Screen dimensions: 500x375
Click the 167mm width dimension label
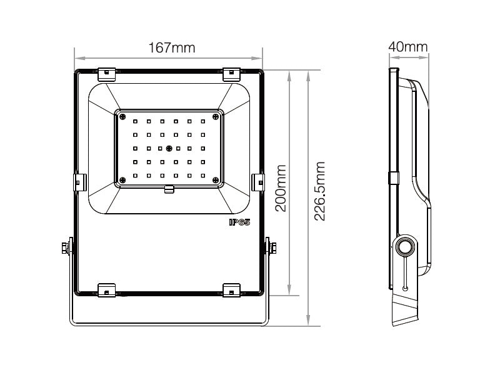click(172, 48)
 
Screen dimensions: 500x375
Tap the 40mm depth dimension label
click(408, 47)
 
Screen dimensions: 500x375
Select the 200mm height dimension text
click(281, 188)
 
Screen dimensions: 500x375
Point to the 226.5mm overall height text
click(319, 191)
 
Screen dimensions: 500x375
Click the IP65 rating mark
click(240, 222)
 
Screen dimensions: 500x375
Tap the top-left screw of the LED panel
click(122, 117)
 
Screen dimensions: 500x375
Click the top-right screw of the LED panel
click(216, 117)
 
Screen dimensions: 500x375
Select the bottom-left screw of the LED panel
click(122, 180)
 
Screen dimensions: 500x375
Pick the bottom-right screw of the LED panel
click(216, 180)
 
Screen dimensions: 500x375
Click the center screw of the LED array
click(169, 148)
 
